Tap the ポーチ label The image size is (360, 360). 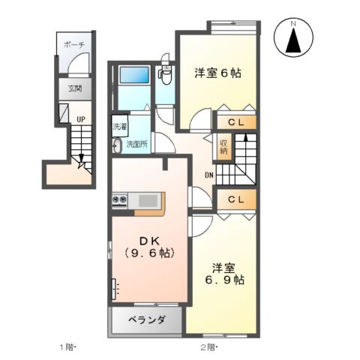click(x=73, y=45)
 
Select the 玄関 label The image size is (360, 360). click(x=75, y=88)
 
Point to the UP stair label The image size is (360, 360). click(x=79, y=118)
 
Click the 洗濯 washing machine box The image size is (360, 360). click(x=119, y=127)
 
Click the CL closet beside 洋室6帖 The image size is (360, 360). click(x=235, y=120)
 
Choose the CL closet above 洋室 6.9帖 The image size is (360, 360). click(x=235, y=199)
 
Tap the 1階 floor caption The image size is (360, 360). click(x=67, y=347)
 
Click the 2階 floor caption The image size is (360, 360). click(x=208, y=347)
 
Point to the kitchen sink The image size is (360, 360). click(x=148, y=199)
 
